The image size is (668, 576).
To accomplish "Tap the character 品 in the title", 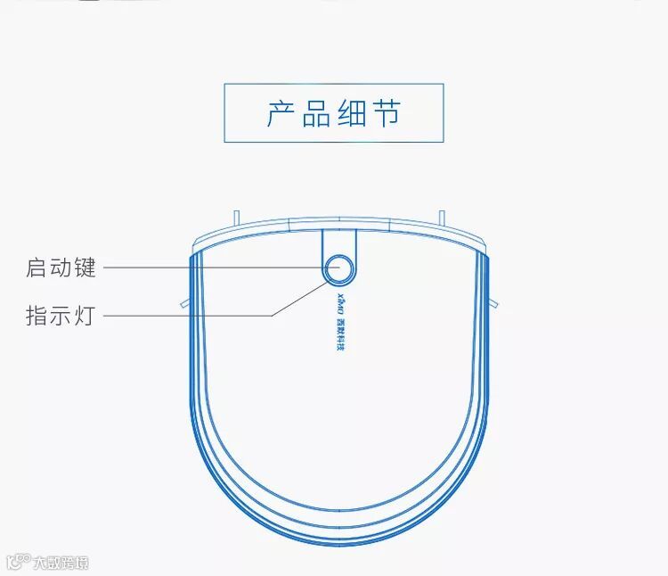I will tap(316, 114).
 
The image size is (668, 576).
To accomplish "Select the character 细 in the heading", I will tap(352, 114).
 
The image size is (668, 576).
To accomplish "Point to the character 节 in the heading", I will tap(387, 114).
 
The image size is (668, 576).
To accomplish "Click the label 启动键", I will tap(61, 267).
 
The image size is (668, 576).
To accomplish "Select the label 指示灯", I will tap(61, 316).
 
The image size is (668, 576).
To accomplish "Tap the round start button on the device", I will tap(339, 267).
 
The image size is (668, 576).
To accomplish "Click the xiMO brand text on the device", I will tap(339, 300).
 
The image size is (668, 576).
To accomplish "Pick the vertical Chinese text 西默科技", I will tap(339, 331).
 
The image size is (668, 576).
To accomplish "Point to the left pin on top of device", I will tap(235, 217).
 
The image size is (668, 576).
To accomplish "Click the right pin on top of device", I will tap(441, 217).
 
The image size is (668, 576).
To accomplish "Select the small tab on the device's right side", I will tap(493, 301).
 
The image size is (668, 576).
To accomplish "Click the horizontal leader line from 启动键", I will tap(214, 267).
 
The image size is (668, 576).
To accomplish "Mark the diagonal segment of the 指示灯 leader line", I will tap(298, 299).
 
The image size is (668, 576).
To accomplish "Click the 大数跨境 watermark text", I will tap(61, 564).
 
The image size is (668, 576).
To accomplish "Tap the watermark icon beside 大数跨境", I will tap(18, 563).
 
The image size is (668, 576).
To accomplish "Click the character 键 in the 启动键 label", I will tap(86, 267).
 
